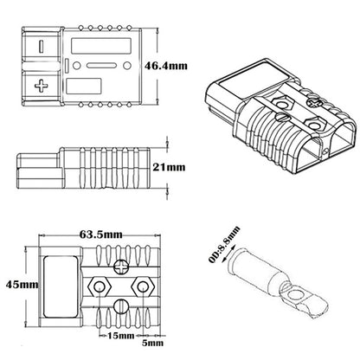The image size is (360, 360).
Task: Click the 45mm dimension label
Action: [18, 284]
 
